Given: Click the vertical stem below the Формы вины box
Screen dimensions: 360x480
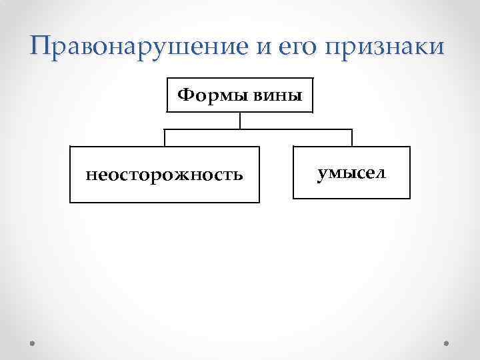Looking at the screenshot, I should (240, 121).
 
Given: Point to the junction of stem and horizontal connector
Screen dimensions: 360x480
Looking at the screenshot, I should (240, 129).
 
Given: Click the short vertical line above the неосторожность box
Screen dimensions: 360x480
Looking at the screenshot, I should (165, 137).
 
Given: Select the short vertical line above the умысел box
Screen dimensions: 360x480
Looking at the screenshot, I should (352, 137).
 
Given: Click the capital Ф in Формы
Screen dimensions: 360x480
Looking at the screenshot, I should (185, 96).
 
